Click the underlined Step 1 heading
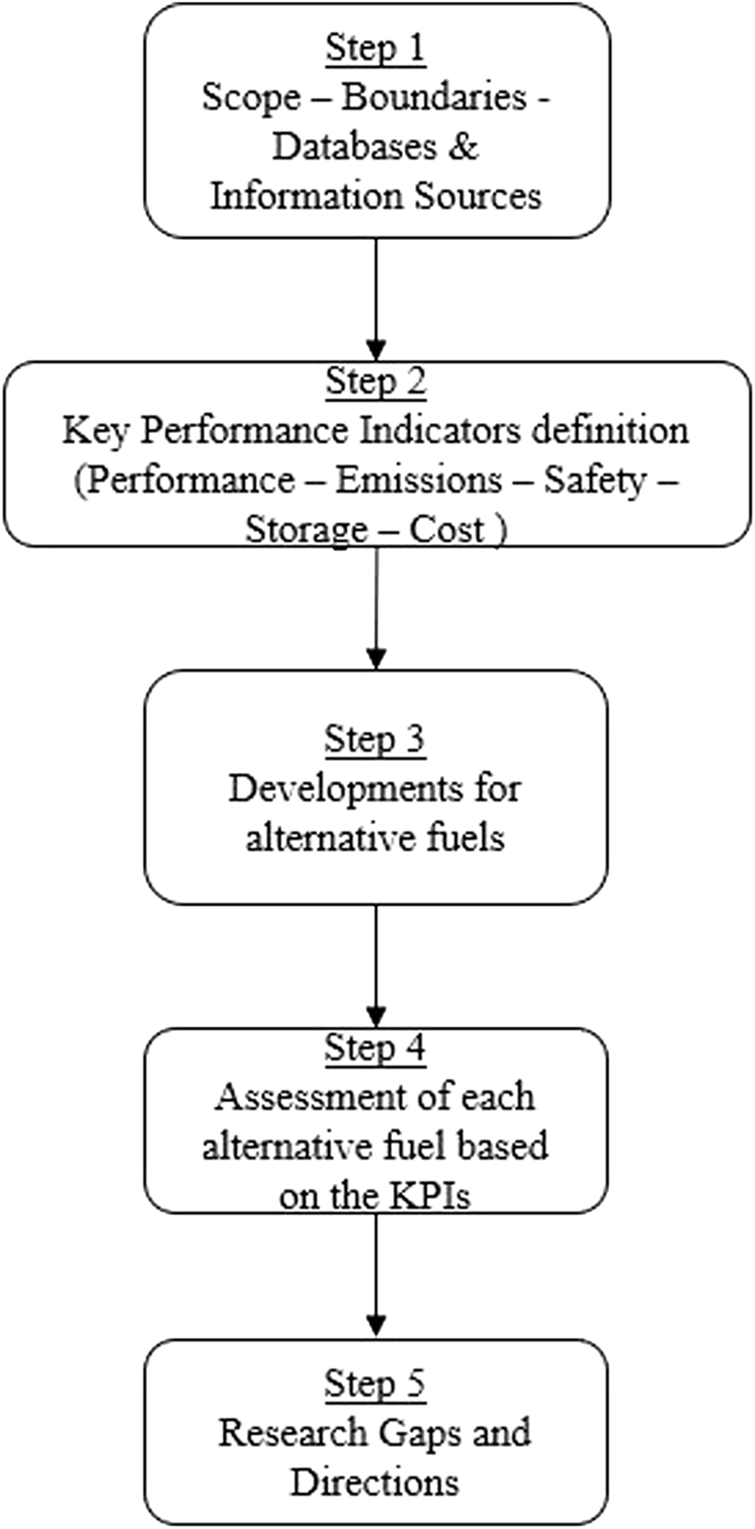pyautogui.click(x=375, y=48)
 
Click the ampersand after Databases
pyautogui.click(x=462, y=147)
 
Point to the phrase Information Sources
pyautogui.click(x=376, y=196)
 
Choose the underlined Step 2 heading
pyautogui.click(x=375, y=381)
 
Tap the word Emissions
pyautogui.click(x=418, y=480)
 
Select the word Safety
pyautogui.click(x=594, y=480)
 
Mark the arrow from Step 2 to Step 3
pyautogui.click(x=376, y=606)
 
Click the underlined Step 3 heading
pyautogui.click(x=375, y=739)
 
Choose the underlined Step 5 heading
pyautogui.click(x=375, y=1384)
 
